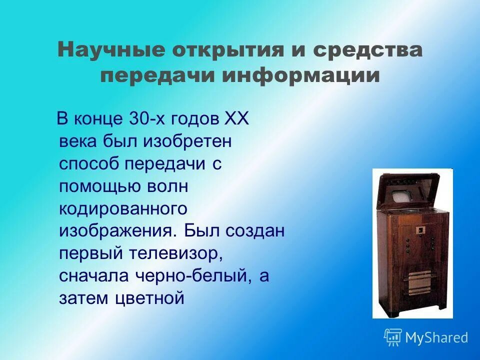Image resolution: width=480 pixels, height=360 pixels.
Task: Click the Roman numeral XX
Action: click(235, 119)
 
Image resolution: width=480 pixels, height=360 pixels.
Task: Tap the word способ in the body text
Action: click(89, 164)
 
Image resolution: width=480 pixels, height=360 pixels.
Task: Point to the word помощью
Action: click(96, 186)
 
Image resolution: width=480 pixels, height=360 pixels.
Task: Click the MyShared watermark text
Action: click(436, 337)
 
